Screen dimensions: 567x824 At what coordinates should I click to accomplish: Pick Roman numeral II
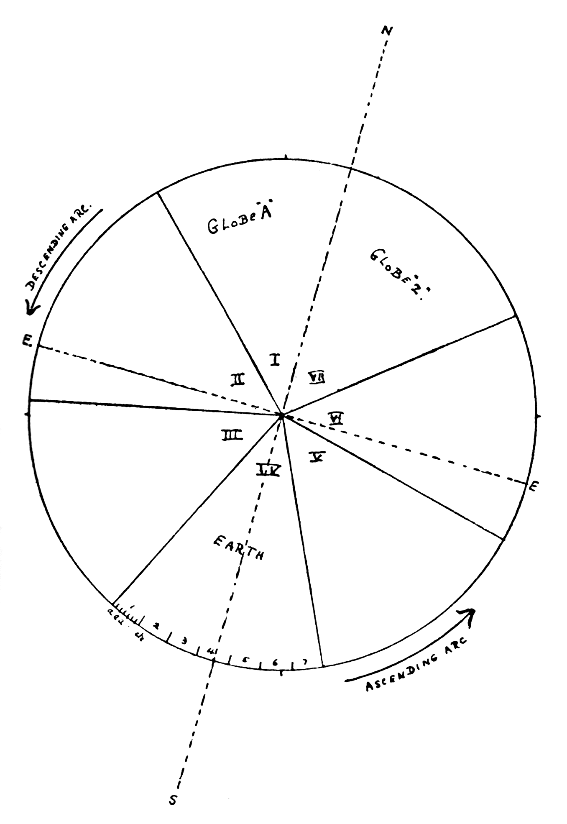237,379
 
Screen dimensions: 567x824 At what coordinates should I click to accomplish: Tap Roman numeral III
232,436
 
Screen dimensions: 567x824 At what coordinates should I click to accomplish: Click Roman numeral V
318,457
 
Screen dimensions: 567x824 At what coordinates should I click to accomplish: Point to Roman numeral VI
336,418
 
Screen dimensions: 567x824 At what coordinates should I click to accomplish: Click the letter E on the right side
533,486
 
